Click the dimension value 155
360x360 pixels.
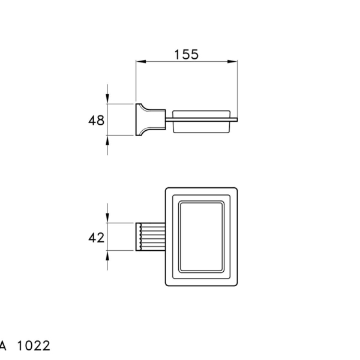pyautogui.click(x=186, y=55)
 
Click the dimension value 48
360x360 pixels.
pyautogui.click(x=97, y=121)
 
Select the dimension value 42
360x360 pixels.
pyautogui.click(x=97, y=238)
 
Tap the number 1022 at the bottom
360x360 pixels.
pyautogui.click(x=34, y=346)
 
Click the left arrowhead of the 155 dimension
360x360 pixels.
pyautogui.click(x=141, y=62)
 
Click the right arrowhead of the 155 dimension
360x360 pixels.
pyautogui.click(x=232, y=62)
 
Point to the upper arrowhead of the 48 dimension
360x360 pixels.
pyautogui.click(x=107, y=99)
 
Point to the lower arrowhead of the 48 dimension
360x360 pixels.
pyautogui.click(x=107, y=140)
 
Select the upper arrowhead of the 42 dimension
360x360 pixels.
pyautogui.click(x=107, y=218)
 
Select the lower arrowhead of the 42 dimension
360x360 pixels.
pyautogui.click(x=107, y=256)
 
